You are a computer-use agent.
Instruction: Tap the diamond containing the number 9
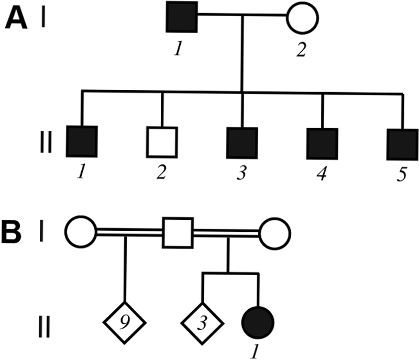tap(124, 318)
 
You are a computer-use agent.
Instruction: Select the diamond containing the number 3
tap(202, 318)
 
